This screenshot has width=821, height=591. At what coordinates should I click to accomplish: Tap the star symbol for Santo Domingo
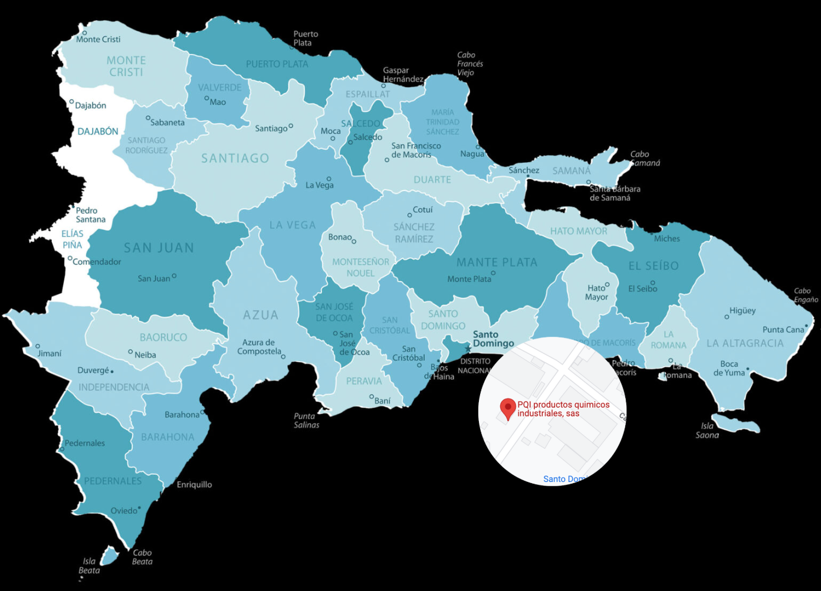click(x=468, y=349)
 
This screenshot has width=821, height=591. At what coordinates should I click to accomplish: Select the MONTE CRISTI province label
click(x=126, y=66)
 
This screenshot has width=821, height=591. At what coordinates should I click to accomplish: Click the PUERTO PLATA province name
click(x=277, y=64)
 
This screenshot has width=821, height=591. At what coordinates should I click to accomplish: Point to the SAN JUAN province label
click(x=159, y=248)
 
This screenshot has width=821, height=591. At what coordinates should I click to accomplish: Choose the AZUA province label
click(x=261, y=316)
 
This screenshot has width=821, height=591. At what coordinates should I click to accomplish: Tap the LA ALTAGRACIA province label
click(x=745, y=343)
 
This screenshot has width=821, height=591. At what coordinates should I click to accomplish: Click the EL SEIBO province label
click(x=653, y=266)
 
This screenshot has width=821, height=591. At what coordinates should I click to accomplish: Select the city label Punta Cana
click(x=783, y=330)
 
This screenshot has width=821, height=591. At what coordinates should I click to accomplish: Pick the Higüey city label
click(x=742, y=311)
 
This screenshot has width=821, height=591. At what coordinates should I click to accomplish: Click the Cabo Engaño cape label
click(x=806, y=295)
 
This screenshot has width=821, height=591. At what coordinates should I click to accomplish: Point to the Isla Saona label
click(x=707, y=431)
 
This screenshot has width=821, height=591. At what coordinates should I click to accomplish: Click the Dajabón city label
click(x=90, y=106)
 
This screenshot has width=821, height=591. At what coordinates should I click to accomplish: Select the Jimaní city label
click(x=50, y=353)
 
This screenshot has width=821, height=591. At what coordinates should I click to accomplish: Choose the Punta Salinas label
click(x=307, y=421)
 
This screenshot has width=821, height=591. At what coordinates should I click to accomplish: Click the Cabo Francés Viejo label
click(x=469, y=64)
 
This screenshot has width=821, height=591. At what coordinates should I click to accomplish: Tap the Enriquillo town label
click(x=194, y=485)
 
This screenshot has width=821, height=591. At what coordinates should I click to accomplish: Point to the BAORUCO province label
click(x=163, y=337)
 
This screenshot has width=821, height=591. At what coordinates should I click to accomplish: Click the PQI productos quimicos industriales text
click(x=563, y=409)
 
